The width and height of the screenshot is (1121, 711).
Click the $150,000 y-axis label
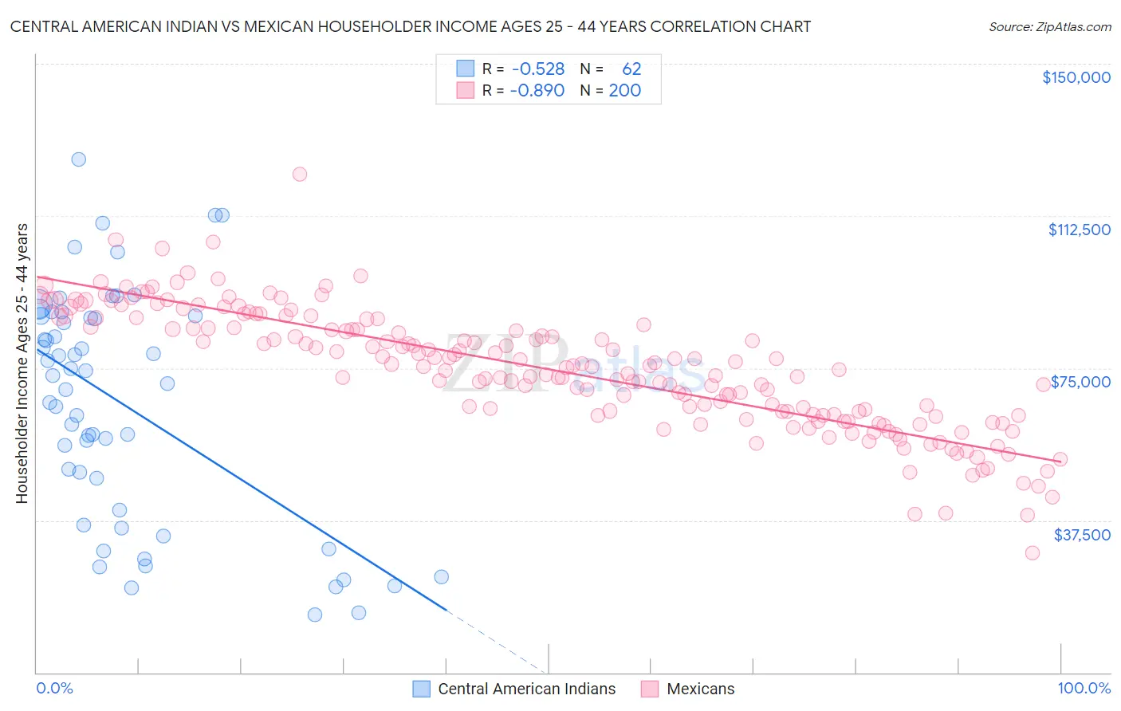[x=1076, y=77]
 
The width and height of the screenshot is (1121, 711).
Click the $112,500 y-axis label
[x=1079, y=230]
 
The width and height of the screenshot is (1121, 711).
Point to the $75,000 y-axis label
[x=1080, y=382]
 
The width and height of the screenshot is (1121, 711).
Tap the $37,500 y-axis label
[x=1082, y=535]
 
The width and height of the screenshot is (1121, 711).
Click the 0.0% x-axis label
[x=54, y=689]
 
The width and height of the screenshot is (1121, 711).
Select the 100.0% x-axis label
[x=1084, y=689]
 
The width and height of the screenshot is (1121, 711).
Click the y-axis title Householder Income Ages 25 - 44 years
[x=22, y=363]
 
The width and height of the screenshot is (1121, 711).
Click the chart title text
[x=410, y=26]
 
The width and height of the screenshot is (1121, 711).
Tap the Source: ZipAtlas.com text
[x=1049, y=26]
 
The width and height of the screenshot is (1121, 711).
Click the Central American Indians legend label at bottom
[x=526, y=689]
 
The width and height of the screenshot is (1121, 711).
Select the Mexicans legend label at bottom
[x=700, y=689]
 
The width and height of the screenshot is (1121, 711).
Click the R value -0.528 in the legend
[x=538, y=69]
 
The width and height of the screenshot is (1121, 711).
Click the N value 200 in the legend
[x=624, y=90]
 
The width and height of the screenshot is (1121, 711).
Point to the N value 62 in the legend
[x=631, y=69]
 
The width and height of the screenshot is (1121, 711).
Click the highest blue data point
[x=78, y=159]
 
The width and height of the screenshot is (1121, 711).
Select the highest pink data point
[x=300, y=174]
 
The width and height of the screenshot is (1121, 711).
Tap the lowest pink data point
[x=1032, y=552]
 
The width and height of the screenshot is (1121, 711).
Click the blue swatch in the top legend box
[x=465, y=69]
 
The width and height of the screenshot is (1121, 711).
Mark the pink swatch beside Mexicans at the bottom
[x=650, y=689]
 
